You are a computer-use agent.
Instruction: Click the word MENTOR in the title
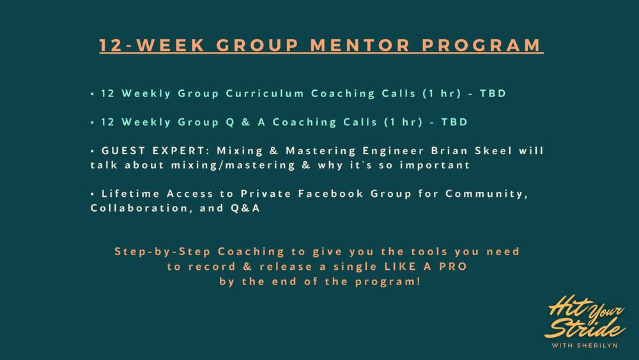point(360,45)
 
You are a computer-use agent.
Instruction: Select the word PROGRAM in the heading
point(481,45)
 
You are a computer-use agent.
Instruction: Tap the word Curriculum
point(265,93)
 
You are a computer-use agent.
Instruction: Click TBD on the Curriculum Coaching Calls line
point(493,93)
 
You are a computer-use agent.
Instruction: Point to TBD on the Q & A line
point(454,122)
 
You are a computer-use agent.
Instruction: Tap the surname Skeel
point(493,151)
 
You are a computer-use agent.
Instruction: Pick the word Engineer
point(393,152)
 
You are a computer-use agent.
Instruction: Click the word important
point(435,166)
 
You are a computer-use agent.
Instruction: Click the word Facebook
point(330,194)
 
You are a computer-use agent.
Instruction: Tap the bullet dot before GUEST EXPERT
point(93,151)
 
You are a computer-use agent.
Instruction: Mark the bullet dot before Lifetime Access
point(93,194)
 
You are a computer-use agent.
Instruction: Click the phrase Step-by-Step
point(162,251)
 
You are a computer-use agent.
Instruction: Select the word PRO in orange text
point(453,267)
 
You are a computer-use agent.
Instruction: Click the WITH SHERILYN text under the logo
point(585,346)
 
